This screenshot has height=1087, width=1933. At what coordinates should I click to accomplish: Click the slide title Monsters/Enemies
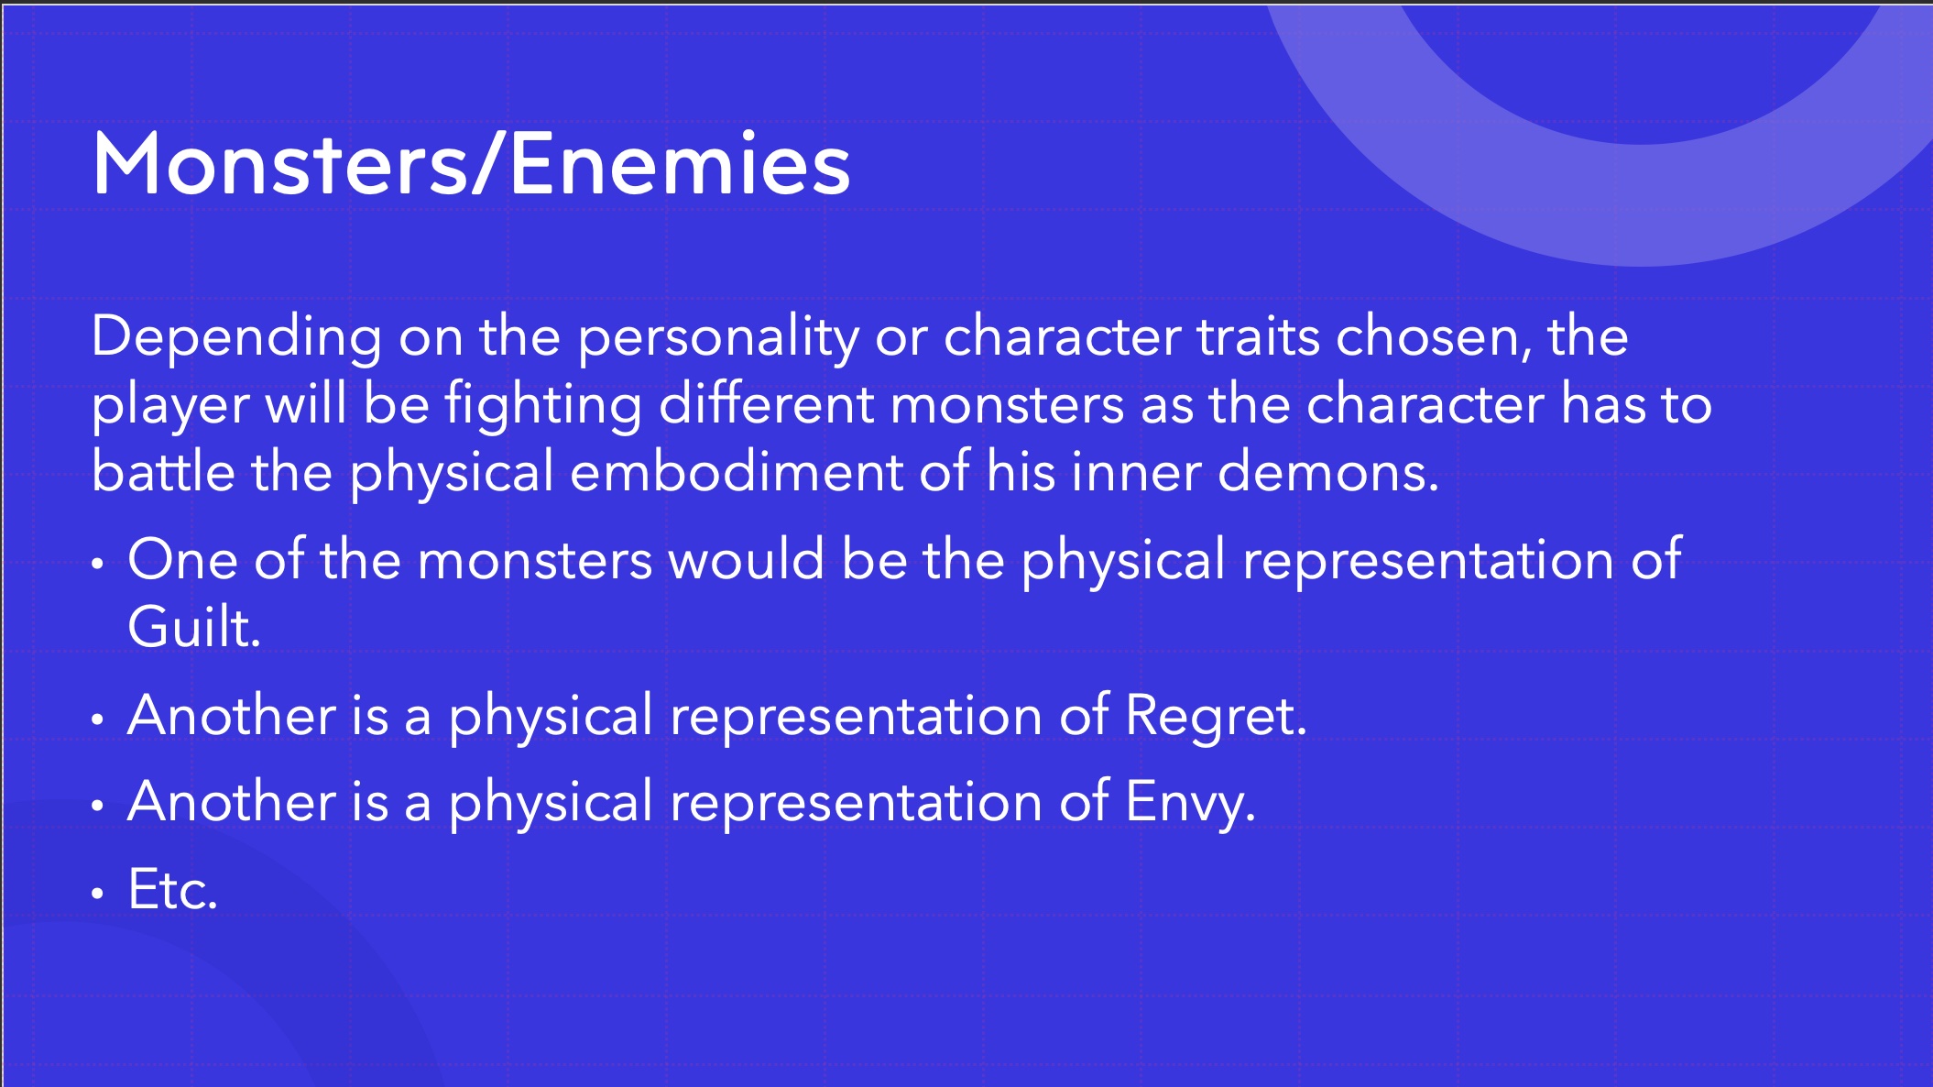471,165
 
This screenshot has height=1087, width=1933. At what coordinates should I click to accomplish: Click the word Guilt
193,629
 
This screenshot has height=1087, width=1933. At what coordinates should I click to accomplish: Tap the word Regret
1215,716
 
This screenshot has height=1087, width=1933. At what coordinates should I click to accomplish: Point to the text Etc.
172,889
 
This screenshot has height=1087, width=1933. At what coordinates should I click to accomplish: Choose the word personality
717,337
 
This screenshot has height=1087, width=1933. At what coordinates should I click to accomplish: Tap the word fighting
543,405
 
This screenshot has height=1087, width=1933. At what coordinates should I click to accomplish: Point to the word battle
163,472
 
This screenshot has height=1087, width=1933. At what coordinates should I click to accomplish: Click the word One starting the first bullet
182,560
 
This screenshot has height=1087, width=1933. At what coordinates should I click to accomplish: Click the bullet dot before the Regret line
98,719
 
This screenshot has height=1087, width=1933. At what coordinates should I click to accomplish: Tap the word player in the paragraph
170,405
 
